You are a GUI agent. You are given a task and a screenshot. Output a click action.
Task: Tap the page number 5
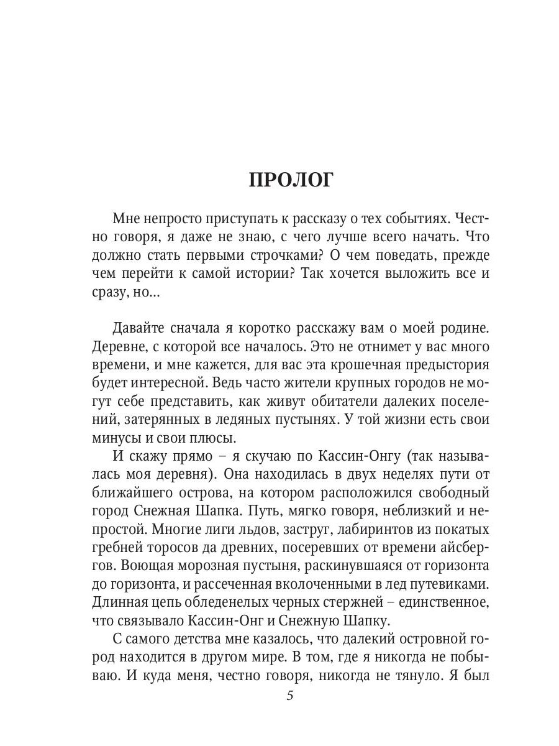(290, 695)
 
